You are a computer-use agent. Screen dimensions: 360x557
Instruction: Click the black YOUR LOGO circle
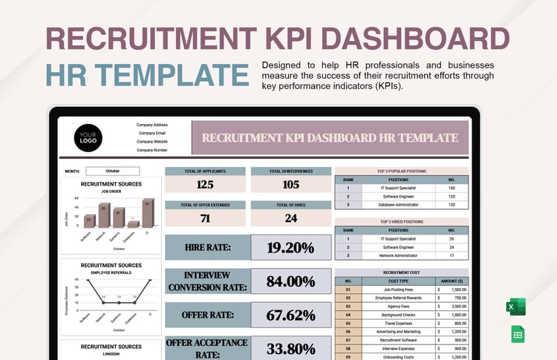(88, 138)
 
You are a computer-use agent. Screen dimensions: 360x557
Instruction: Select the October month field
(112, 171)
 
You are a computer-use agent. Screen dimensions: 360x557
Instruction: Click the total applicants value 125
(204, 184)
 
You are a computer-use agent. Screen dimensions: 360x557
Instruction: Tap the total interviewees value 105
(290, 184)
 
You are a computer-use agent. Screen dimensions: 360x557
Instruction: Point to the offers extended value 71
(204, 217)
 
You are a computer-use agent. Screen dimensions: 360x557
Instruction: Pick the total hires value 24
(290, 217)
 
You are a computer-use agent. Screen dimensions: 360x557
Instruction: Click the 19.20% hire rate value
(290, 247)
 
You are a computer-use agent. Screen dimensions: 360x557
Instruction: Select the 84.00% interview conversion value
(290, 281)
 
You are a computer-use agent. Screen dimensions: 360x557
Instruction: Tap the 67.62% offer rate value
(290, 315)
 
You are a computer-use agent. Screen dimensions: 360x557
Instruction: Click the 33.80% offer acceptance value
(290, 347)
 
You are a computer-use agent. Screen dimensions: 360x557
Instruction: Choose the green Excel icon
(515, 307)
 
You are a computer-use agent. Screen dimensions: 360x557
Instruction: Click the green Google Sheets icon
(518, 335)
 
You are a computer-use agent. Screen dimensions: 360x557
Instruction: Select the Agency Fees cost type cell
(398, 306)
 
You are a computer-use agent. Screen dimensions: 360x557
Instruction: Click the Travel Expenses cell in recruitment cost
(398, 324)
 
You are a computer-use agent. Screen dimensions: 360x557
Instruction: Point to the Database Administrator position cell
(398, 204)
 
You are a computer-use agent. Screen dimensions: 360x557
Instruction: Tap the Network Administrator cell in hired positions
(398, 255)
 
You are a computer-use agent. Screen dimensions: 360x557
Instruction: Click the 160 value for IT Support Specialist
(452, 188)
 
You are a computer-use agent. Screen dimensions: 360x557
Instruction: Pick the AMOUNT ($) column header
(452, 281)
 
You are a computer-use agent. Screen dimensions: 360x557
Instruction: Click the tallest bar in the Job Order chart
(148, 214)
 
